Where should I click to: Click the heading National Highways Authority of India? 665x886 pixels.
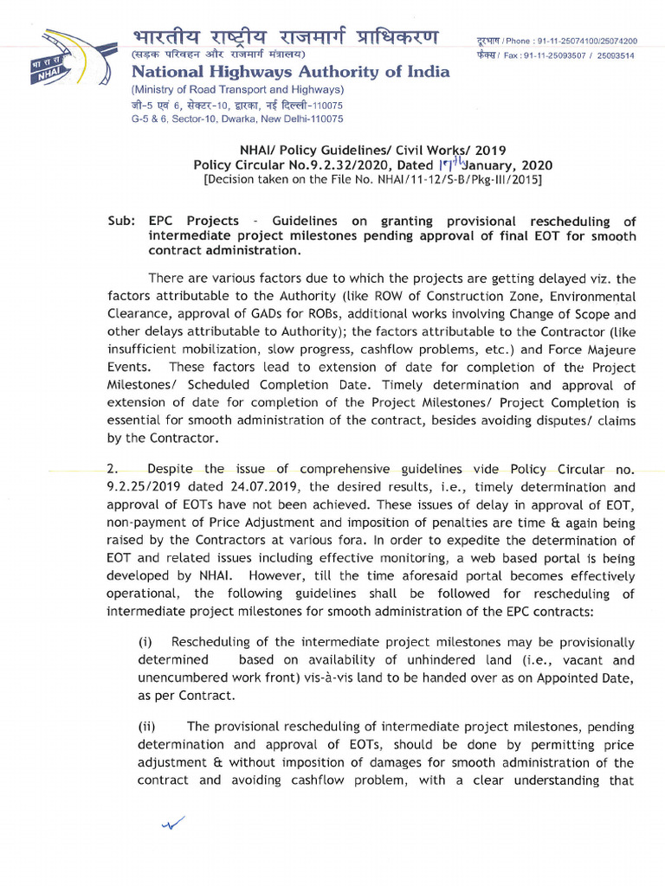pyautogui.click(x=290, y=72)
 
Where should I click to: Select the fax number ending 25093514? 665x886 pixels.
pyautogui.click(x=617, y=55)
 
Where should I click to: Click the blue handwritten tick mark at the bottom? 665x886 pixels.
pyautogui.click(x=174, y=824)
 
